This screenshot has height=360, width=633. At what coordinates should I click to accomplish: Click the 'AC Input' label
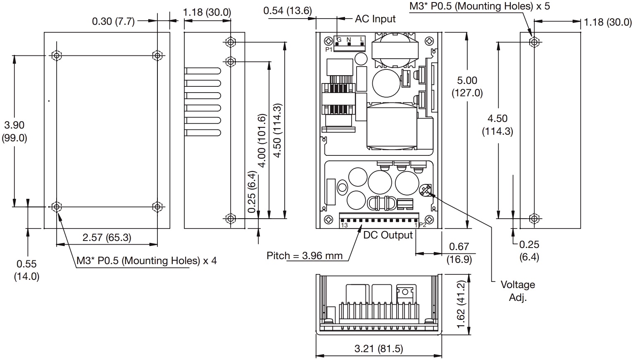coord(375,19)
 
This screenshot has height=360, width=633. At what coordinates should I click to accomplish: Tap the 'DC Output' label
coord(388,235)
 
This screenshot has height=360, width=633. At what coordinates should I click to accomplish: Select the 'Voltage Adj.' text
coord(517,291)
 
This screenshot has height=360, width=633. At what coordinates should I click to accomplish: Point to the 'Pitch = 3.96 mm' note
coord(305,255)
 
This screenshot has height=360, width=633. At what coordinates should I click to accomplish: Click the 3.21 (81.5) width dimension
coord(378,349)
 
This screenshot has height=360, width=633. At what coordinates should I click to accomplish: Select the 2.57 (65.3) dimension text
coord(107,237)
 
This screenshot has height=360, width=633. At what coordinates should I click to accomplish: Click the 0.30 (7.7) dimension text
coord(113,21)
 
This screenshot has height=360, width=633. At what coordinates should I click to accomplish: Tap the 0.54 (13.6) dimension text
coord(288,11)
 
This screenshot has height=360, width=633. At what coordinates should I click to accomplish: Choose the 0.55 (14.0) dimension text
coord(27,270)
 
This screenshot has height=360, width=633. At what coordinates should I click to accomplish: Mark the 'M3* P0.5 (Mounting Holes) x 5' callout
coord(480,6)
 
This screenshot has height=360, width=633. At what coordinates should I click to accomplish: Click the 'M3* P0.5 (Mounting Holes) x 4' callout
coord(147,260)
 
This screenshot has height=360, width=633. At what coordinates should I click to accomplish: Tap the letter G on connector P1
coord(339,40)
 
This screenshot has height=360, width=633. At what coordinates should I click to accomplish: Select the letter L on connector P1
coord(362,40)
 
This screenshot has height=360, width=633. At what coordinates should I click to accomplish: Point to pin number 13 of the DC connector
coord(344,225)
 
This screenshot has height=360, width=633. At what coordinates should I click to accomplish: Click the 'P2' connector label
coord(422,225)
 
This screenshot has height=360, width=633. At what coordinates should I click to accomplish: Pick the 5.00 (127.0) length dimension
coord(467,86)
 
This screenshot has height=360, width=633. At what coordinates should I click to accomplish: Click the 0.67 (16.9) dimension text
coord(459,253)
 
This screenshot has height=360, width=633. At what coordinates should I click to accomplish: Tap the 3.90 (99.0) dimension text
coord(14,131)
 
